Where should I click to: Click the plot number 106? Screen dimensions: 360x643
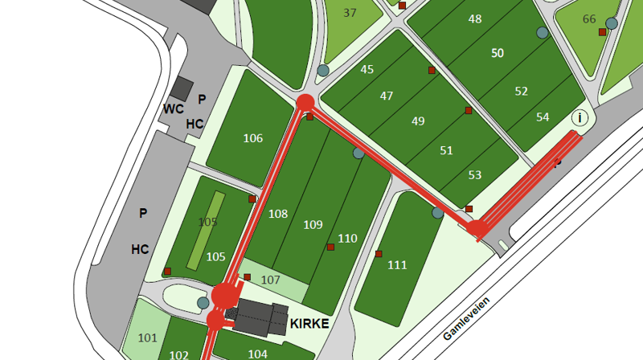coord(253,138)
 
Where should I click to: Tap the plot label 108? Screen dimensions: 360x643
coord(278,214)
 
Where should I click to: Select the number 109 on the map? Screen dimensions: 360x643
coord(313,224)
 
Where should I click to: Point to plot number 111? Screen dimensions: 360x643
coord(397,264)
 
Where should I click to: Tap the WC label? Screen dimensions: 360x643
coord(174,108)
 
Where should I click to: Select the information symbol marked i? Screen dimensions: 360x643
coord(580,118)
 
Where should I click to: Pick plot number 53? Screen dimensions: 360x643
coord(475,174)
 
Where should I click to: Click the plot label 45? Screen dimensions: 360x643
coord(367,69)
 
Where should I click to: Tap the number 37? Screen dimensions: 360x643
coord(350,13)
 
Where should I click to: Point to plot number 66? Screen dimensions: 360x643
coord(589,19)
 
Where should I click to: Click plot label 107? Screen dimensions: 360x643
coord(271,280)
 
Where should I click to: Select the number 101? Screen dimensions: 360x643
coord(147,337)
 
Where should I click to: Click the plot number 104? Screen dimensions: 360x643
coord(257,354)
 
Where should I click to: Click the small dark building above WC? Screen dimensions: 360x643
coord(182,88)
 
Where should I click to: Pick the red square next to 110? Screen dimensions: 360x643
coord(330,247)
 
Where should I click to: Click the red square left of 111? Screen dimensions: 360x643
coord(379,254)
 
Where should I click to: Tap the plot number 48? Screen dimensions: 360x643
coord(475,18)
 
